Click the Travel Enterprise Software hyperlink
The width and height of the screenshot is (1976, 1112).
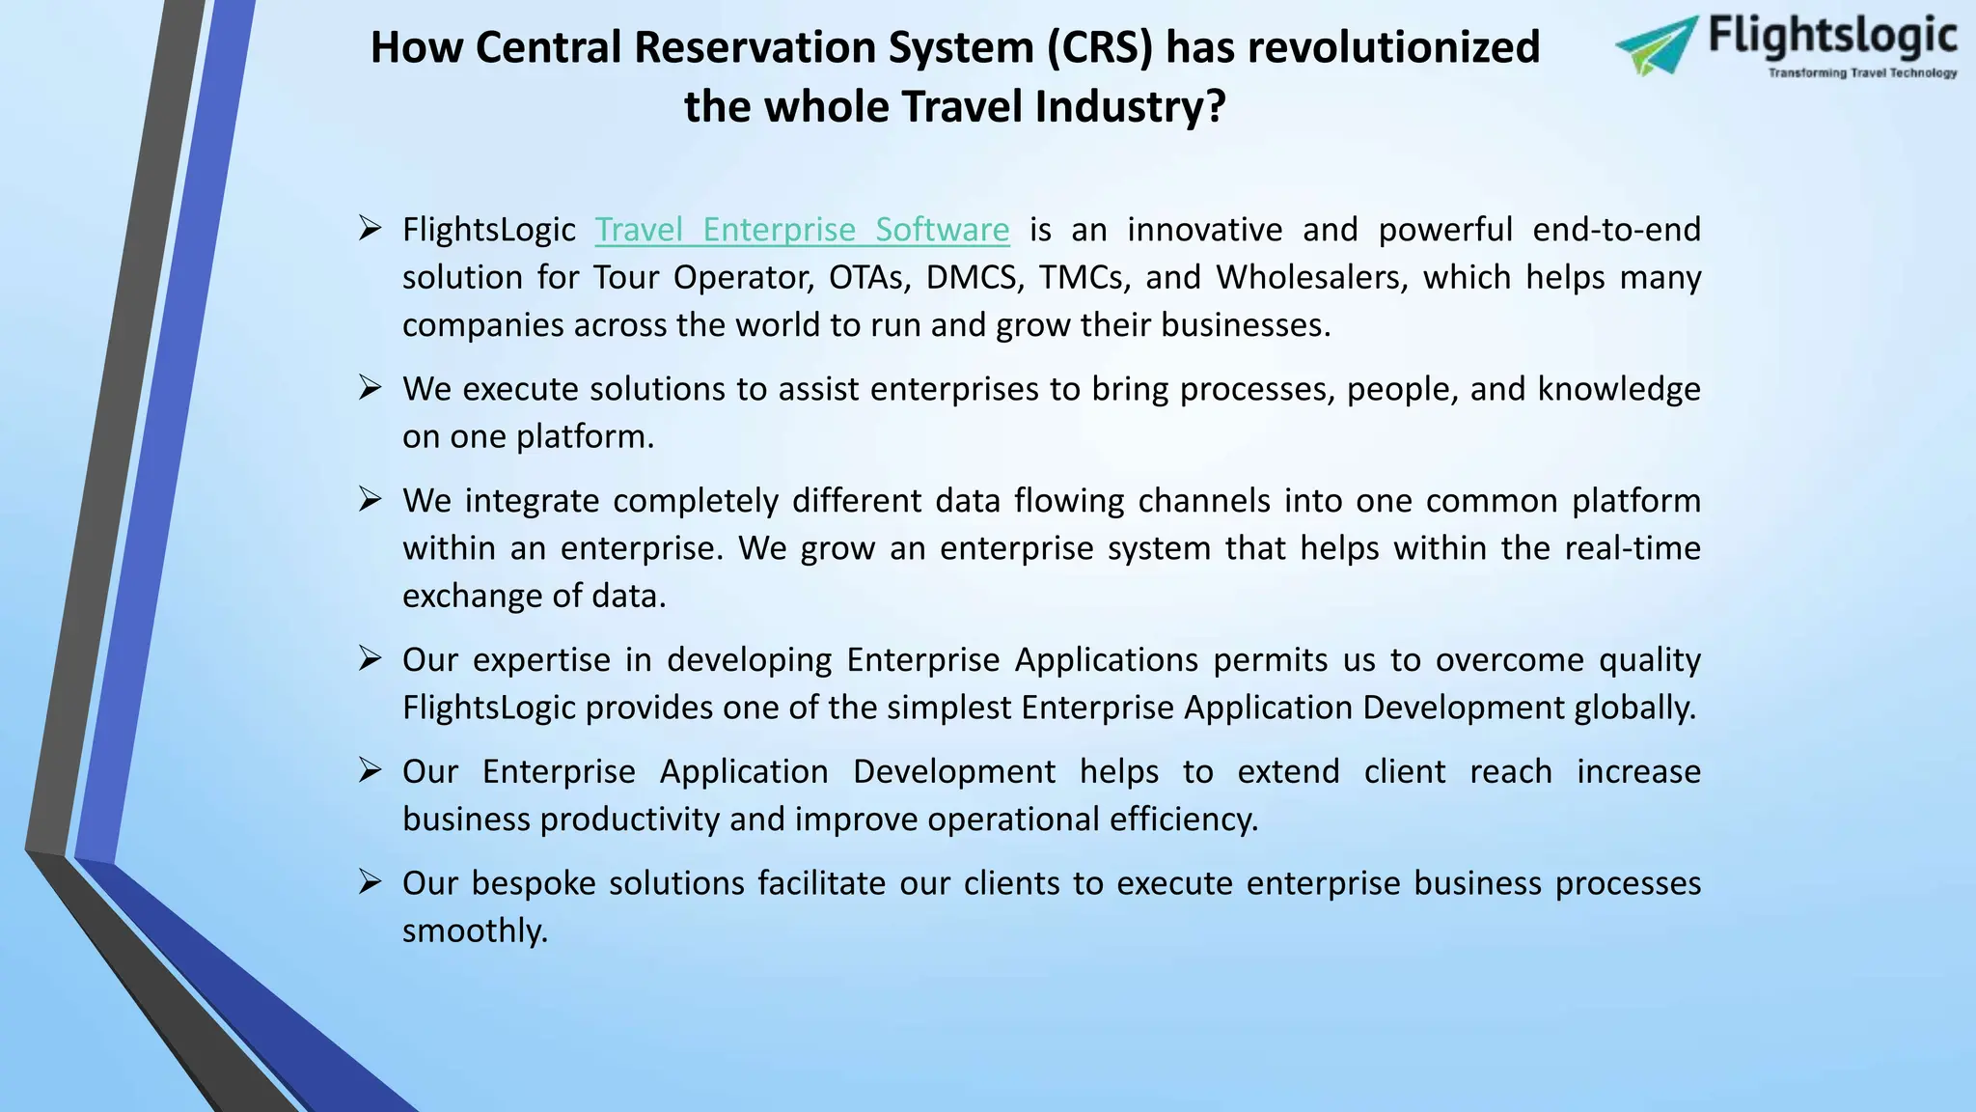coord(802,230)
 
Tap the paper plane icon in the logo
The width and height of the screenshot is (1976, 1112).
coord(1656,44)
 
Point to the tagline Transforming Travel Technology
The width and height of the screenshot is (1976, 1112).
coord(1862,73)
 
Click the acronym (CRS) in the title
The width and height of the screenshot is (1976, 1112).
coord(1100,47)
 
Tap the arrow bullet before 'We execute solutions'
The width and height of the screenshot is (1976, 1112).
coord(370,388)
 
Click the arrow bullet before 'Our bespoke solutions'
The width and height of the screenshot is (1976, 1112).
coord(370,882)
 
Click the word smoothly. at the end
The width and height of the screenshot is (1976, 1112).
coord(475,931)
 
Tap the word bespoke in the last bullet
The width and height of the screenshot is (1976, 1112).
coord(534,883)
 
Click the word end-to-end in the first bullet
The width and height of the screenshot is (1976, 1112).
coord(1616,230)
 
